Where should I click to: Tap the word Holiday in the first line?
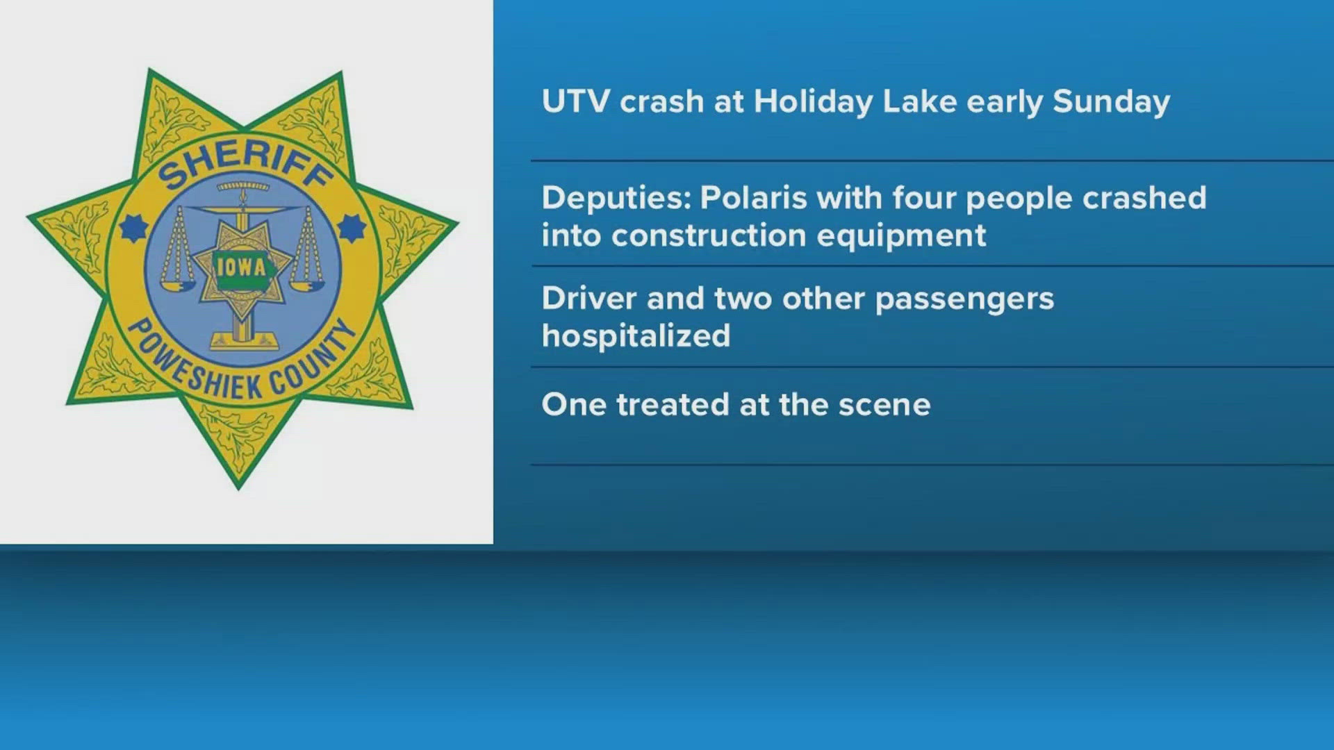(x=813, y=102)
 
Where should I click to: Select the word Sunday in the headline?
(x=1112, y=102)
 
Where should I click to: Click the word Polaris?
(x=753, y=198)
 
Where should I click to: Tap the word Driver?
(x=589, y=299)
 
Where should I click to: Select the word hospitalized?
(x=636, y=337)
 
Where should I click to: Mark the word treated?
(x=673, y=405)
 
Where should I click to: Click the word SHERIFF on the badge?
(x=245, y=166)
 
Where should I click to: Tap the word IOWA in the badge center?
(x=241, y=267)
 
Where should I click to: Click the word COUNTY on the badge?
(x=316, y=358)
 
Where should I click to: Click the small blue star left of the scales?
(x=133, y=227)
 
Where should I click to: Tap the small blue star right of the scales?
(x=352, y=228)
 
